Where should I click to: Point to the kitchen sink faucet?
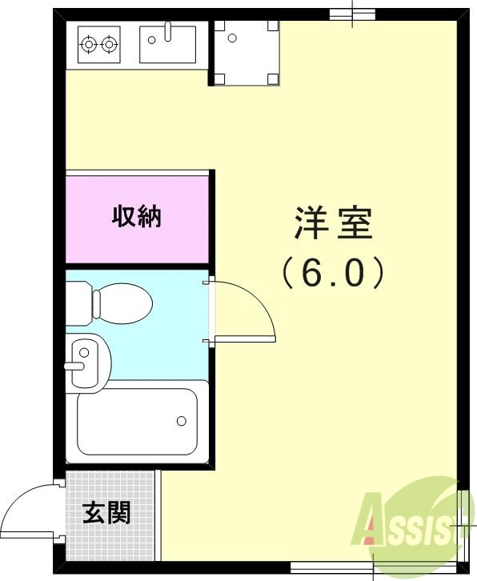click(168, 31)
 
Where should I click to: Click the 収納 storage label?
click(136, 216)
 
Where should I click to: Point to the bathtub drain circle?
click(182, 420)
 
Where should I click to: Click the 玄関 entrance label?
click(106, 513)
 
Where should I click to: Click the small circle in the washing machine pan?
click(231, 37)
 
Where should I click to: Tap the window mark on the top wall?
click(353, 14)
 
